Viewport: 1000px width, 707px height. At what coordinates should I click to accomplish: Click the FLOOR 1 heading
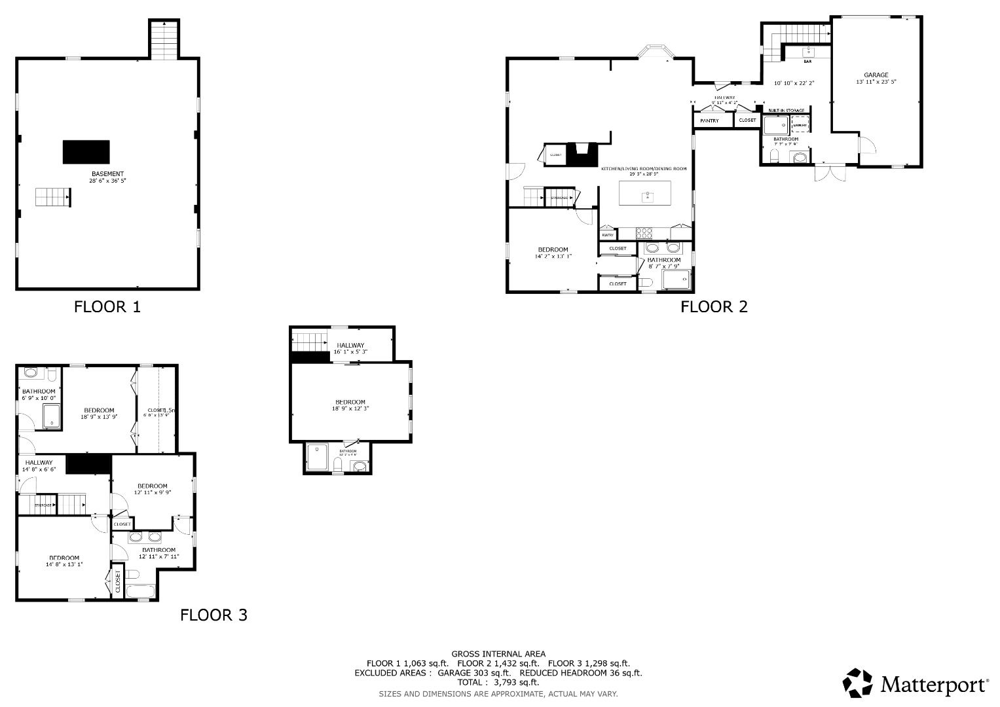107,306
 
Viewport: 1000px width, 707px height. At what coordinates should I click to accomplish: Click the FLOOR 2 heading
714,306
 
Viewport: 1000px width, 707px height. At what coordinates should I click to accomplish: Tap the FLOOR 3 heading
213,615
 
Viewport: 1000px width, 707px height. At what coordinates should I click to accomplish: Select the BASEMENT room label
107,174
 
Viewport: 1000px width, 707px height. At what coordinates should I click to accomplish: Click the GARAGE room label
876,75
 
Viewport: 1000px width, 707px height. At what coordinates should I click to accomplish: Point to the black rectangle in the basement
86,152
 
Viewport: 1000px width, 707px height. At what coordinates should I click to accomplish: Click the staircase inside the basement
52,197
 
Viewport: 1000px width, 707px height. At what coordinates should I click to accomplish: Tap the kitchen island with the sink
645,192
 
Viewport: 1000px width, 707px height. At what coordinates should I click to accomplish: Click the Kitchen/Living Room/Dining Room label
644,169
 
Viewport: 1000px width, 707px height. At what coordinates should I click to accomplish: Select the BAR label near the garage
807,62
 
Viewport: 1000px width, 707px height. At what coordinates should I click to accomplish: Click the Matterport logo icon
857,683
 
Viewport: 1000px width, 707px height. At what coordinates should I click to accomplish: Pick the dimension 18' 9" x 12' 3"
350,408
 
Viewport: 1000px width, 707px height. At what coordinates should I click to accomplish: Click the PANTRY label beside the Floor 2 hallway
709,121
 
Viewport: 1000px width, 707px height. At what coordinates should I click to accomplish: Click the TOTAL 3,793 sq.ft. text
498,682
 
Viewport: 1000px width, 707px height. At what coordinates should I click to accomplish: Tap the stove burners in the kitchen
644,232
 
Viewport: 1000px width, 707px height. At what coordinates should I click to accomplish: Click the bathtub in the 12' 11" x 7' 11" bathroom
140,592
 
